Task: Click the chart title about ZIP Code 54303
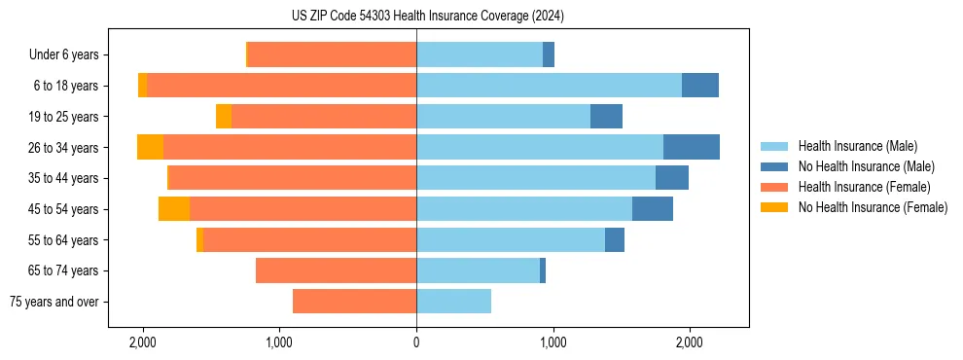click(427, 16)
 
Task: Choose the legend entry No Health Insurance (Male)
click(866, 166)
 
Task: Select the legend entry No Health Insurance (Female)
click(872, 207)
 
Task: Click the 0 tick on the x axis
click(416, 342)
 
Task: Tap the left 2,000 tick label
click(143, 342)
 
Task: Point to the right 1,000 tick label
click(553, 342)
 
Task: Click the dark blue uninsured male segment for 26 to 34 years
click(692, 147)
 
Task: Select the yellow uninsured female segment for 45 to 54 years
click(174, 209)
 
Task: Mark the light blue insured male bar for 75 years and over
click(453, 302)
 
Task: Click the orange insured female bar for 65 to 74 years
click(336, 270)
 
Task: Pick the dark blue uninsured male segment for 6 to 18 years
click(700, 86)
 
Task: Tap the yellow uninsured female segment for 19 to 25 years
click(224, 117)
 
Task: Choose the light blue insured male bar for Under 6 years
click(480, 55)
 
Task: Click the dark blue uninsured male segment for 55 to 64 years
click(615, 239)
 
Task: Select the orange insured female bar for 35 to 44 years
click(293, 178)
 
